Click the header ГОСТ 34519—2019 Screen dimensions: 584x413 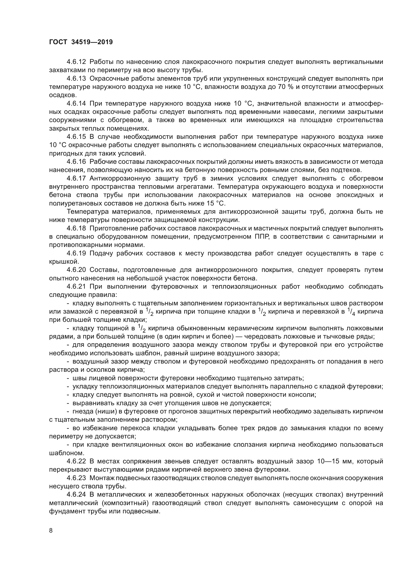pos(81,42)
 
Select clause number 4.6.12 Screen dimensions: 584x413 pos(76,62)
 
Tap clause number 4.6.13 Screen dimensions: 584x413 pos(76,79)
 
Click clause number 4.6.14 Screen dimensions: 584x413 pos(76,104)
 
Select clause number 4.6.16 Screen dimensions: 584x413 pos(76,162)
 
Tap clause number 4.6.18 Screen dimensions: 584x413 pos(76,228)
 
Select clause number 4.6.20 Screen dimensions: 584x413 pos(76,270)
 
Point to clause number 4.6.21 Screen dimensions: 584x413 pos(76,286)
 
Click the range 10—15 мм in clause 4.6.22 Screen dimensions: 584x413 pos(335,461)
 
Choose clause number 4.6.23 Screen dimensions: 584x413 pos(76,478)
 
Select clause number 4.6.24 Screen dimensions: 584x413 pos(76,494)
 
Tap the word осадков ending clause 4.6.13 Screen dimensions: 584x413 pos(62,95)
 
